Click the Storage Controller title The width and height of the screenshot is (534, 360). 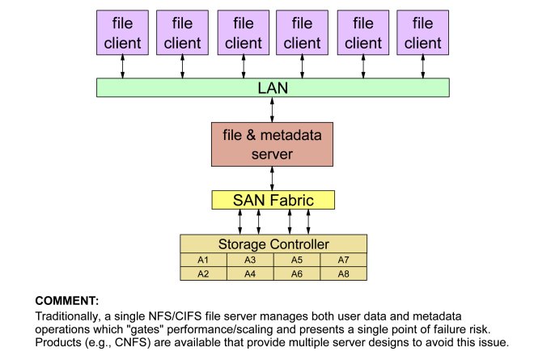273,244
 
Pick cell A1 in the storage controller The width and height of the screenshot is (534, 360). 203,260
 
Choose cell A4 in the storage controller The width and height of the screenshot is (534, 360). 249,273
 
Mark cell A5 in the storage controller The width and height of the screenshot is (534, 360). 296,260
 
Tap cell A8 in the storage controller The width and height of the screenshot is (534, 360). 343,273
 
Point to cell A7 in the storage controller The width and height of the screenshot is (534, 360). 343,260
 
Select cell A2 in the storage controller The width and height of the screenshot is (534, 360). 203,273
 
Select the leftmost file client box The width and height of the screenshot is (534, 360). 123,35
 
